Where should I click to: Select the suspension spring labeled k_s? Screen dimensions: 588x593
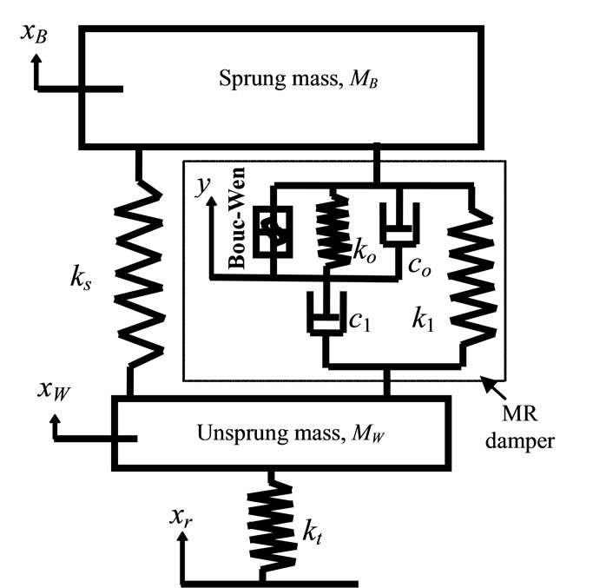[139, 274]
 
